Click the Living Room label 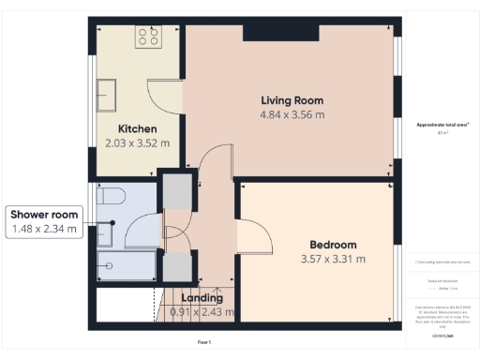click(x=291, y=100)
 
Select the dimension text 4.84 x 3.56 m click(x=291, y=115)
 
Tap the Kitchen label click(x=137, y=128)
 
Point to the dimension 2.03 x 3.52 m click(x=137, y=143)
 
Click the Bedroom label click(x=333, y=245)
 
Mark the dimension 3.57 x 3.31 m click(x=333, y=259)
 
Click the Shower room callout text click(x=45, y=215)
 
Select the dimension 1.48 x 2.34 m click(x=45, y=230)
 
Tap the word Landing click(x=202, y=298)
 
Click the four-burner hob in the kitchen click(x=148, y=37)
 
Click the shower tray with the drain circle click(x=112, y=264)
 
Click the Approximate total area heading click(x=442, y=125)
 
